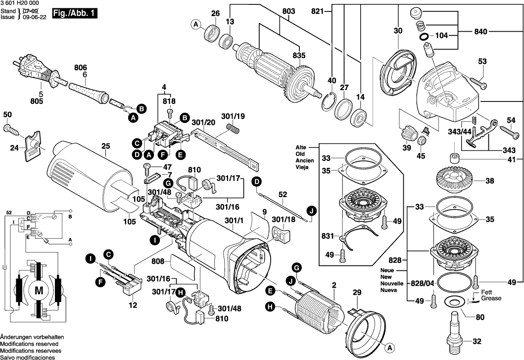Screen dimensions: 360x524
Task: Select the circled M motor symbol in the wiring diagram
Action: click(38, 288)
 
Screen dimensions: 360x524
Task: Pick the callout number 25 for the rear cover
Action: click(105, 146)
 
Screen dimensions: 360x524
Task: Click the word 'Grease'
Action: click(491, 299)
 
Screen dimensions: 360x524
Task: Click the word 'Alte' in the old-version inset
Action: click(301, 148)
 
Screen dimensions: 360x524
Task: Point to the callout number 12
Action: click(133, 306)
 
